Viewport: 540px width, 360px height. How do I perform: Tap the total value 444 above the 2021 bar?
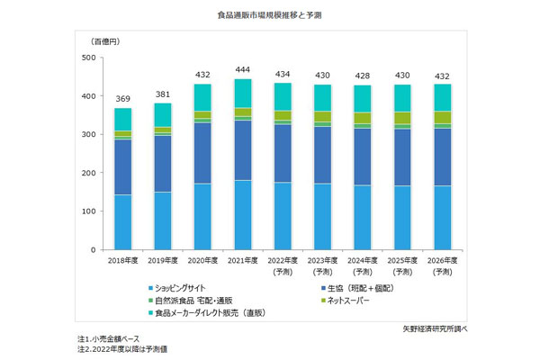click(x=243, y=69)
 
